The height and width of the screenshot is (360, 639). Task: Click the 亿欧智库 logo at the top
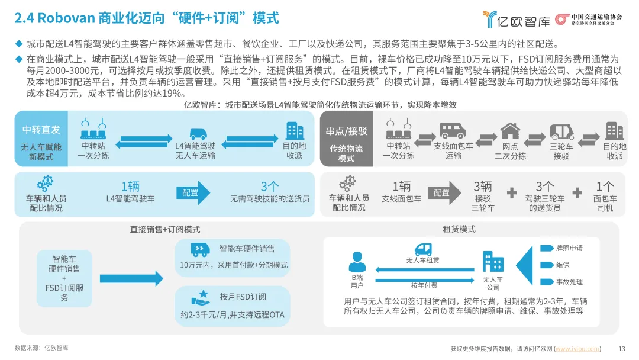[516, 19]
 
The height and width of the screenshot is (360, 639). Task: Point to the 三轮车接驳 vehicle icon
[561, 131]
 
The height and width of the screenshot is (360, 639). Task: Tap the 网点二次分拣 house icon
[510, 131]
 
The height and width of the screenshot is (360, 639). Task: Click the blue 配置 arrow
[193, 193]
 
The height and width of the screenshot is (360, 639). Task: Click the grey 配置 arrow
[444, 193]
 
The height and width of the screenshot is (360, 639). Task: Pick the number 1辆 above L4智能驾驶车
[130, 187]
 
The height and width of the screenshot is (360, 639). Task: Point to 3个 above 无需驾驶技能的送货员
[270, 187]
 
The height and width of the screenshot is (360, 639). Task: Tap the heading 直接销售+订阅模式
[165, 229]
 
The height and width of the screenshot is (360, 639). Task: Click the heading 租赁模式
[459, 229]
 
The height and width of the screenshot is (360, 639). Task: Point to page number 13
[621, 348]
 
